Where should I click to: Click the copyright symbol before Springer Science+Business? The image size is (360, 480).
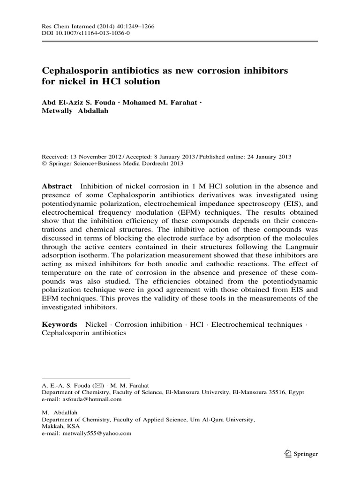[x=45, y=164]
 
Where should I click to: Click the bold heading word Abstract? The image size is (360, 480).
[x=57, y=186]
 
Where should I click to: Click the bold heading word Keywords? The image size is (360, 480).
[x=60, y=324]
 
